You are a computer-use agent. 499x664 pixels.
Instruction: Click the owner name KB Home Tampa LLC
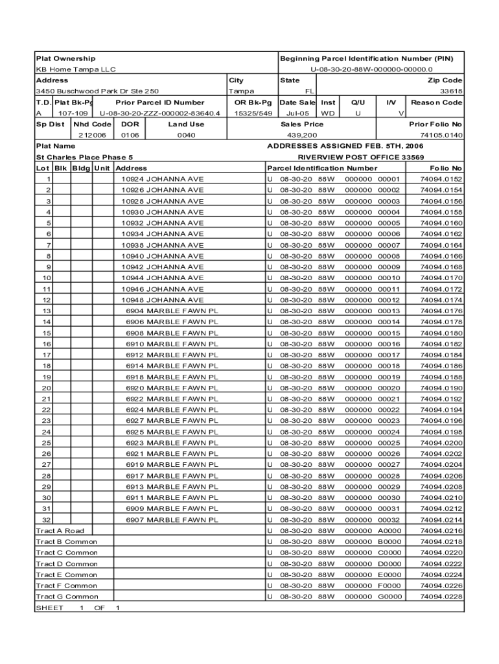click(x=75, y=69)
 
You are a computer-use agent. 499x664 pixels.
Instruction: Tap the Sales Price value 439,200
click(x=302, y=135)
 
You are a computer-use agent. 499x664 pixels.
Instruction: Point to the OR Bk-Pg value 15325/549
click(x=253, y=113)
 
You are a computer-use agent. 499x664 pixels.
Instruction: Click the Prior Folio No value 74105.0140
click(x=441, y=135)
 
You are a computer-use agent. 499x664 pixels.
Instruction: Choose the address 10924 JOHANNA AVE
click(x=162, y=179)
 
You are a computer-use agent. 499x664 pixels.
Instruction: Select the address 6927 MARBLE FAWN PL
click(x=172, y=421)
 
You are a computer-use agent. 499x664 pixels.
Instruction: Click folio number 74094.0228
click(x=441, y=597)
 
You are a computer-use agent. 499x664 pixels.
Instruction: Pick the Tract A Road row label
click(x=60, y=530)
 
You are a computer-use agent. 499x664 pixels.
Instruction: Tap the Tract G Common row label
click(x=66, y=597)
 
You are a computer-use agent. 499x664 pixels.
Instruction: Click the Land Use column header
click(x=186, y=124)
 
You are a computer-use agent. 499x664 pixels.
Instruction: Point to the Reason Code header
click(x=436, y=102)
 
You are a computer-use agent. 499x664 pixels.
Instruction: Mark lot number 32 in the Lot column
click(x=47, y=519)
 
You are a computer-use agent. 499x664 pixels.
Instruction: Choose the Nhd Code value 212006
click(x=92, y=135)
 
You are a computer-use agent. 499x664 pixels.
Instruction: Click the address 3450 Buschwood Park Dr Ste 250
click(x=97, y=91)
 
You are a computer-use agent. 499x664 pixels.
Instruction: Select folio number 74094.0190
click(x=441, y=388)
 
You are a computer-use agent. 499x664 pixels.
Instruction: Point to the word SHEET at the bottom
click(x=49, y=608)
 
